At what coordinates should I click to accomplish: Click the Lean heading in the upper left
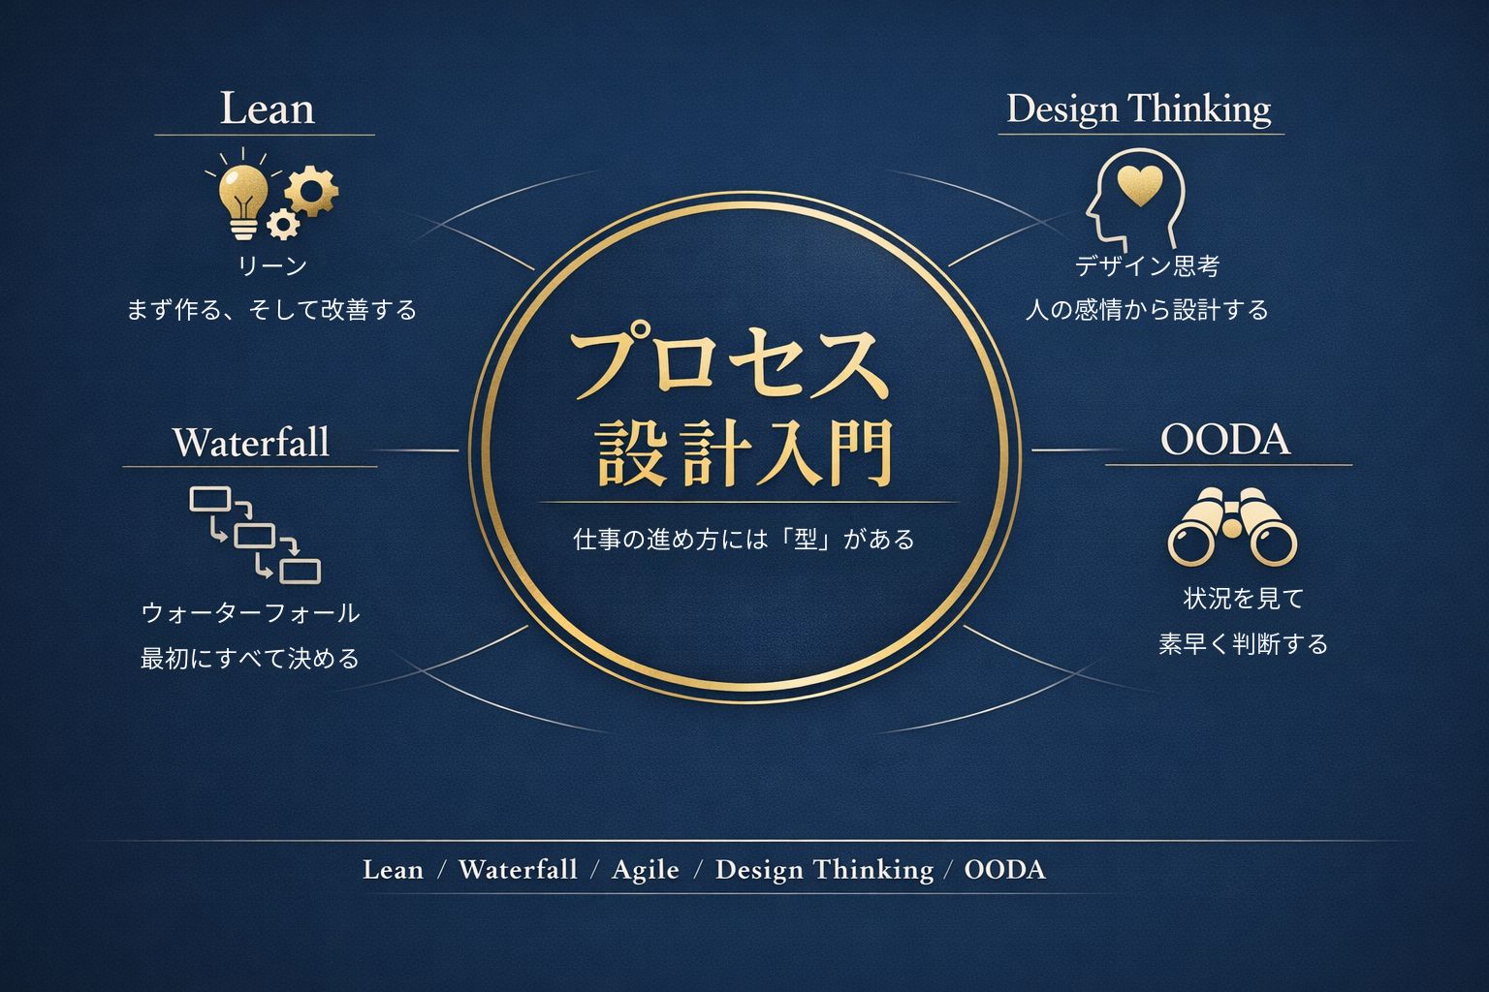click(x=267, y=108)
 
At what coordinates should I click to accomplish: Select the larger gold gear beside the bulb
click(x=312, y=189)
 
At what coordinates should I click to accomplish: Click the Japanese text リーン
click(x=272, y=265)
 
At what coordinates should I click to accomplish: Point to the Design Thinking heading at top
click(x=1139, y=108)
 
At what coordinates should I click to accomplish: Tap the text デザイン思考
click(x=1147, y=265)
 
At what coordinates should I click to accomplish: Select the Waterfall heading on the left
click(x=251, y=442)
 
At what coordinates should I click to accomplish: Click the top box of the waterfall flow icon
click(x=209, y=500)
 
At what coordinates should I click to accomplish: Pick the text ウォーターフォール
click(x=250, y=612)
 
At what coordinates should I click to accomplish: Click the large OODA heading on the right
click(x=1225, y=440)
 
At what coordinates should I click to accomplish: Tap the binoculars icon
click(x=1232, y=527)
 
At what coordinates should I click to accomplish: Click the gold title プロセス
click(x=729, y=364)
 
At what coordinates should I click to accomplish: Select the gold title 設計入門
click(x=744, y=451)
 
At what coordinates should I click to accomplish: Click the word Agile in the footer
click(x=646, y=869)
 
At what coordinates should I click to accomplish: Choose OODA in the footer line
click(x=1005, y=869)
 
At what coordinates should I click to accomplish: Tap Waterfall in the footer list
click(x=518, y=869)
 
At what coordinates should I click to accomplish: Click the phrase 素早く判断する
click(x=1243, y=644)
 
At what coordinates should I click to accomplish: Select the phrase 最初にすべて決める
click(x=250, y=659)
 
